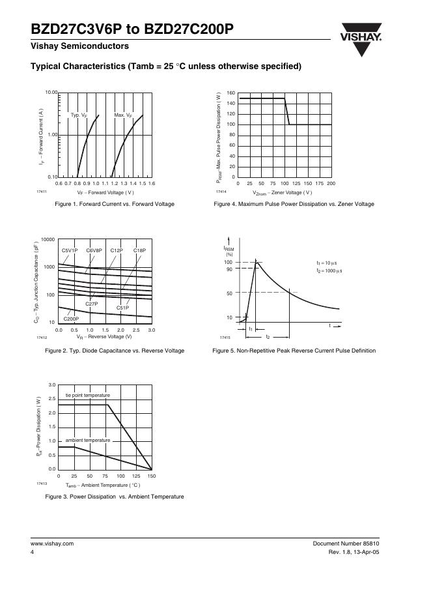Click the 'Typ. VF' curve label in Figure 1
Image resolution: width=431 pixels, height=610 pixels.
pyautogui.click(x=79, y=115)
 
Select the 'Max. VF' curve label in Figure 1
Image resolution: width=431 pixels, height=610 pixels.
pyautogui.click(x=123, y=115)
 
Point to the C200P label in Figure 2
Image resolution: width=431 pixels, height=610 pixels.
pyautogui.click(x=71, y=319)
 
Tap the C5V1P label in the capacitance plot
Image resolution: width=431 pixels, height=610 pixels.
pyautogui.click(x=70, y=251)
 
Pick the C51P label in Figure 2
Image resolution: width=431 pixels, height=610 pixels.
pyautogui.click(x=122, y=308)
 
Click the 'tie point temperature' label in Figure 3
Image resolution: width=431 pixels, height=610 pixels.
pyautogui.click(x=87, y=396)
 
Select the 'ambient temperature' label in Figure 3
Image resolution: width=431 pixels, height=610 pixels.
pyautogui.click(x=88, y=441)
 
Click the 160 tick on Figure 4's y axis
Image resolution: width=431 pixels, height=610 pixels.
pyautogui.click(x=231, y=93)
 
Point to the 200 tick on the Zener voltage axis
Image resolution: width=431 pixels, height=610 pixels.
pyautogui.click(x=331, y=184)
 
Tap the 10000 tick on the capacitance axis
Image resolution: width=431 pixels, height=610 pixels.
pyautogui.click(x=48, y=240)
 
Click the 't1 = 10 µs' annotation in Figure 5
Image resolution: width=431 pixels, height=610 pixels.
pyautogui.click(x=329, y=263)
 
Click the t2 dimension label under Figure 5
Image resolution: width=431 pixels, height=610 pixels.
pyautogui.click(x=268, y=337)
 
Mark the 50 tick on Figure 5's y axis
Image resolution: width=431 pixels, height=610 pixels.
pyautogui.click(x=229, y=294)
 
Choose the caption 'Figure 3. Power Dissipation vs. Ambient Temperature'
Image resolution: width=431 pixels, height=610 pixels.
pyautogui.click(x=115, y=497)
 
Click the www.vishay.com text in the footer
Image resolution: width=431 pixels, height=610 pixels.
pyautogui.click(x=52, y=544)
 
